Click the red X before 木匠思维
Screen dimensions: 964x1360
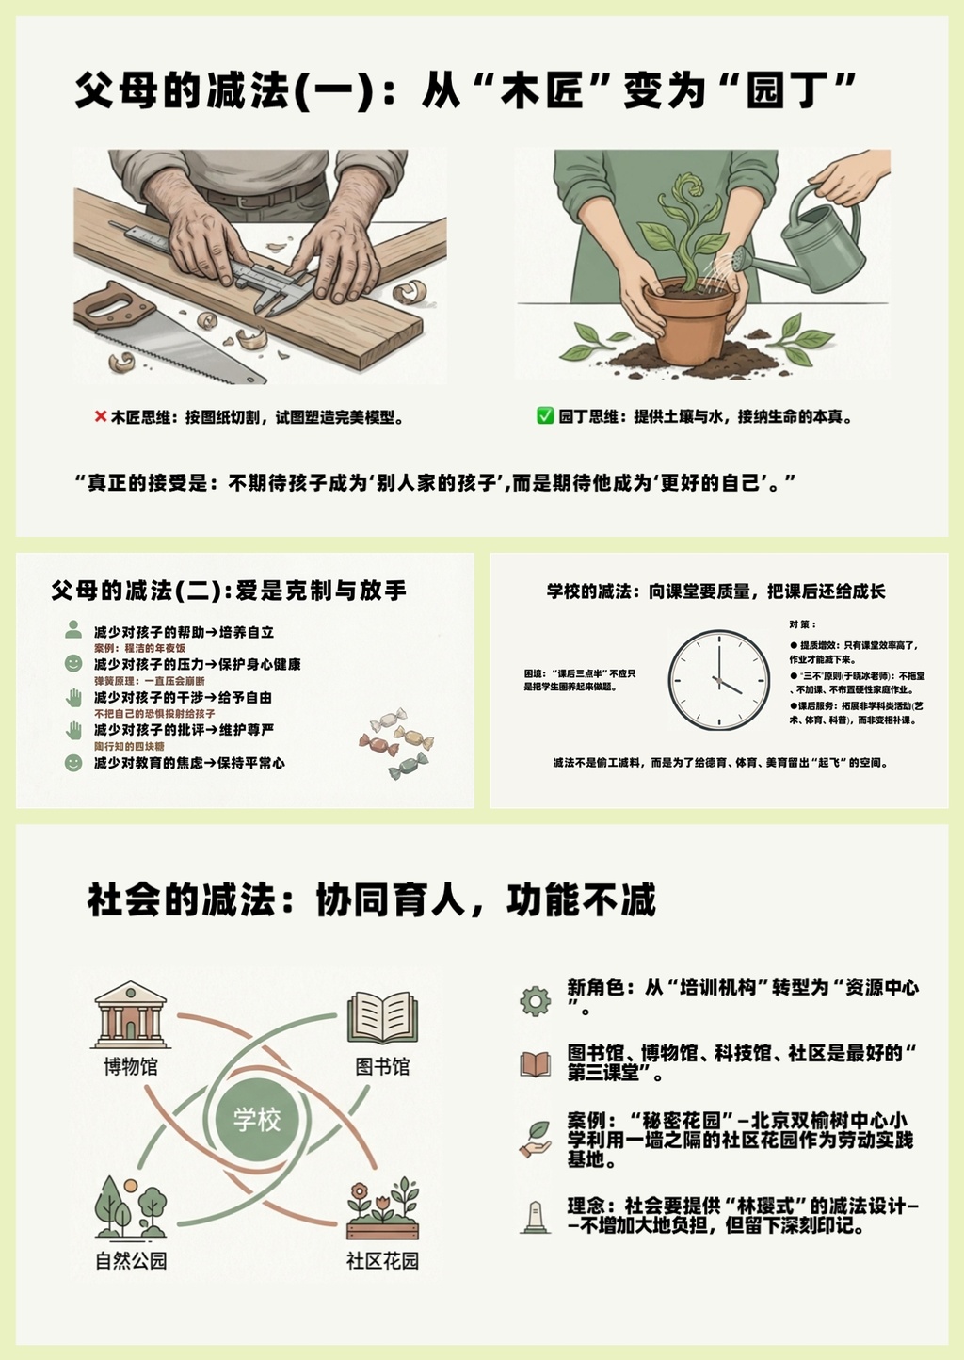pos(101,416)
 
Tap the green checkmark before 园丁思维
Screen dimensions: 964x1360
pos(545,416)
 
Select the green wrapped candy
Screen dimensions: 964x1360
pos(408,767)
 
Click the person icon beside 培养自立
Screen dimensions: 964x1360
pos(73,629)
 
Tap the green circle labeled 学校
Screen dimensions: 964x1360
pos(257,1118)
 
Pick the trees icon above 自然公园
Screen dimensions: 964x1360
pos(131,1208)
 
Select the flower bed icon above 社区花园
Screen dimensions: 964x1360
pos(382,1209)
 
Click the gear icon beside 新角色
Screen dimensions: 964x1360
pos(536,1001)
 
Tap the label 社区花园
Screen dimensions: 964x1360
pos(382,1261)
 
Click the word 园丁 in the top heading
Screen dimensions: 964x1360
pos(788,91)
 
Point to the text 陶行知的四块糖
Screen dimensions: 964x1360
pos(129,746)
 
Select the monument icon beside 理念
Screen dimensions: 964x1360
pos(536,1218)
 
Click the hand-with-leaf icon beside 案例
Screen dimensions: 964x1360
pos(536,1139)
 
